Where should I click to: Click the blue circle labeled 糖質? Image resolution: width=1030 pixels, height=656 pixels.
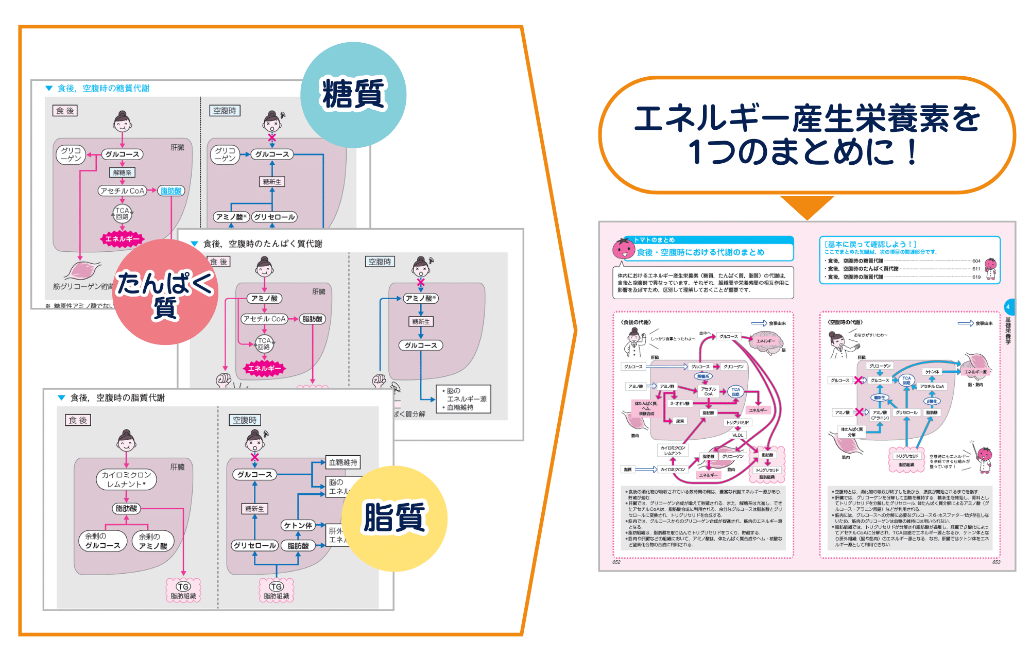[353, 95]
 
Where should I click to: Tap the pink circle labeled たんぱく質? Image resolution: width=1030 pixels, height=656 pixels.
[165, 292]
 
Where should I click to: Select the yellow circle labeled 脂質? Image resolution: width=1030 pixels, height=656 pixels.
[394, 518]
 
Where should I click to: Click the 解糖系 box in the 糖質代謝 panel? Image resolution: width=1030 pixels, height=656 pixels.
[122, 172]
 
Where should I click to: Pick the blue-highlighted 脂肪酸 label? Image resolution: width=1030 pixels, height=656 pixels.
[171, 191]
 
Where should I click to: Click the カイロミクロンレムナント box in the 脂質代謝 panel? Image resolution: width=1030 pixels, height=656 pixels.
[126, 479]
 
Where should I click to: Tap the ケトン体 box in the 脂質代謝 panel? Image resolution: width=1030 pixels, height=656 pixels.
[298, 525]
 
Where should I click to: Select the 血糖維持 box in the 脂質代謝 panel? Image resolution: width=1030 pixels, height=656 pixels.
[343, 462]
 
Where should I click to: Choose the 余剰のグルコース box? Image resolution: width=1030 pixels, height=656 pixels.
[102, 541]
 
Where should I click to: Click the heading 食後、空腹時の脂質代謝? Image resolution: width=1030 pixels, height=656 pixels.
[117, 398]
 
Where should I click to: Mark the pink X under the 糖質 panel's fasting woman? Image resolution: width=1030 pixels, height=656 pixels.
[272, 137]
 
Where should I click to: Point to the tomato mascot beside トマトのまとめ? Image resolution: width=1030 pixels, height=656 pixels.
[623, 249]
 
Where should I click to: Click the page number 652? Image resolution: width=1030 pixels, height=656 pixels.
[616, 562]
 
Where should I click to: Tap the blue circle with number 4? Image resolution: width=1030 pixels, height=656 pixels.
[1008, 307]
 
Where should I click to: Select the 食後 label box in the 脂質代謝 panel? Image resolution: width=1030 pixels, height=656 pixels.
[78, 420]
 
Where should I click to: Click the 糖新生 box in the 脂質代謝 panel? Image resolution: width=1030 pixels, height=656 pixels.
[254, 509]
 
